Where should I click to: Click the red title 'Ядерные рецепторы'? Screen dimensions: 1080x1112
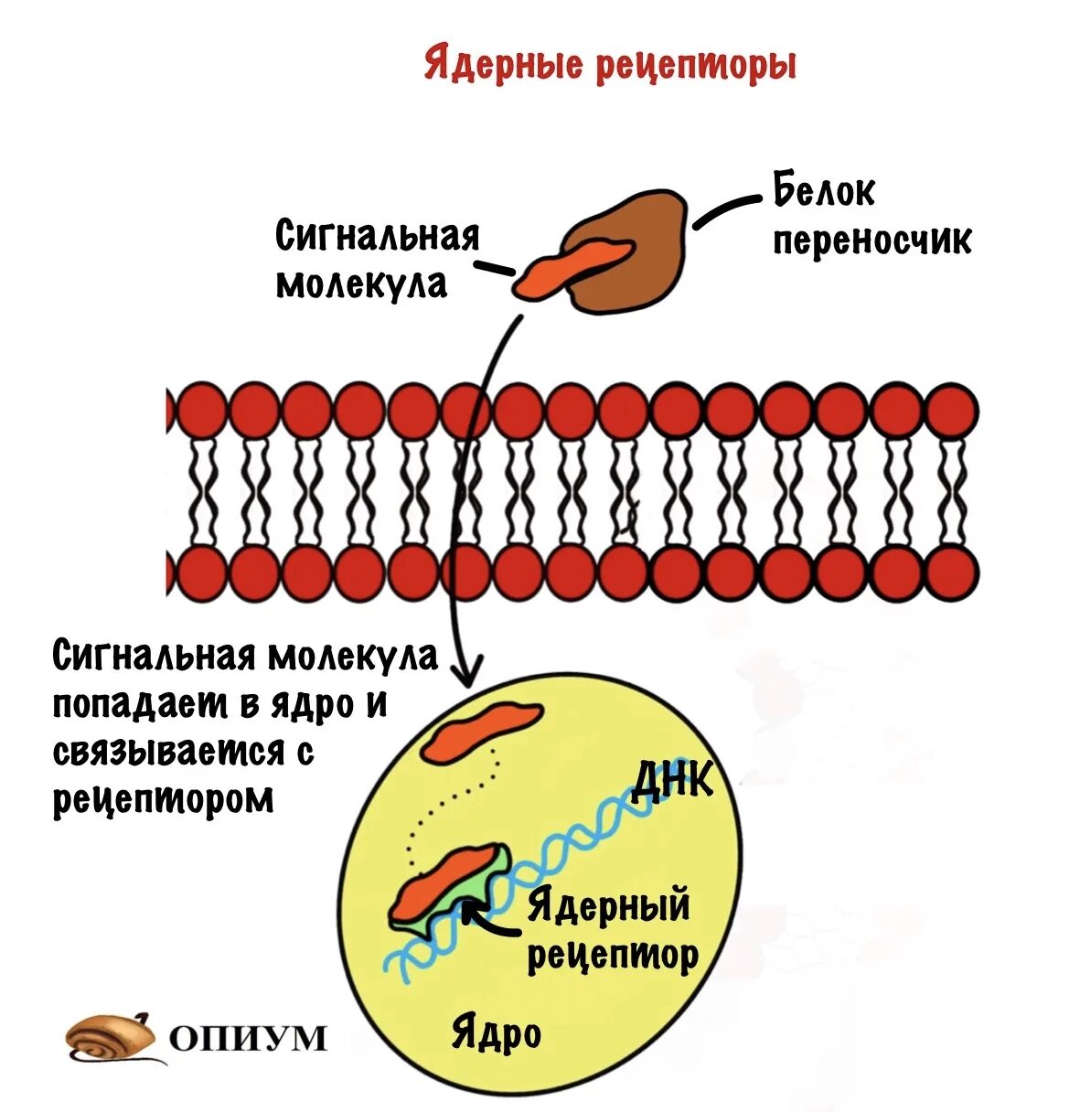click(x=610, y=65)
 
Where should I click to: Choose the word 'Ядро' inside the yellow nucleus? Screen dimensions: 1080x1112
click(x=496, y=1034)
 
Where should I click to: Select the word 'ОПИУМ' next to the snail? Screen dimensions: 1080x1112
click(x=248, y=1038)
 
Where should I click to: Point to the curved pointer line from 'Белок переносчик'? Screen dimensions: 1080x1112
click(x=727, y=208)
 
